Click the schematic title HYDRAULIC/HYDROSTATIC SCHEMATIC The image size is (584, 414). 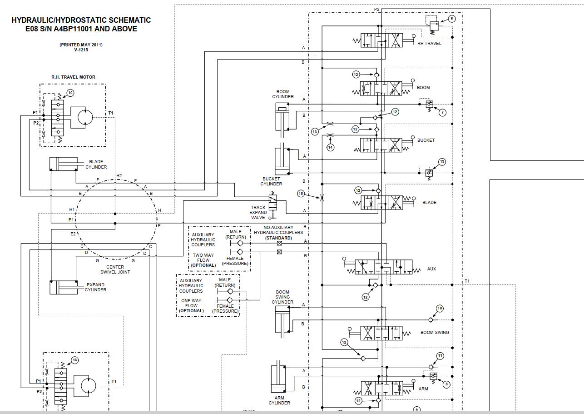coord(81,20)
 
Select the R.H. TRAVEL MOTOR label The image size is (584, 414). coord(73,77)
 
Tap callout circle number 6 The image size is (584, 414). coord(451,19)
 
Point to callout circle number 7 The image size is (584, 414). coord(442,112)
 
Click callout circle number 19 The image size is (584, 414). coord(442,162)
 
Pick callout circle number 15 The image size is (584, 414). coord(301,194)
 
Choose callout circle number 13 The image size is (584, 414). coord(315,132)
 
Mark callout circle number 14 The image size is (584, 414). coord(331,147)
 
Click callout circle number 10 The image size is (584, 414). coord(440,309)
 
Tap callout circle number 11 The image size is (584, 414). coord(440,356)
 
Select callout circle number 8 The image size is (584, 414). coord(446,384)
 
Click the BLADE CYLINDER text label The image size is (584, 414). coord(96,164)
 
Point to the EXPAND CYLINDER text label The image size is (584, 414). coord(95,287)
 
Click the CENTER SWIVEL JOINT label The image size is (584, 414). coord(115,269)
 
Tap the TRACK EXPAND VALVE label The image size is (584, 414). coord(258,212)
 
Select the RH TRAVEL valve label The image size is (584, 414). coord(429,44)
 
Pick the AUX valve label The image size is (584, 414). coord(431,269)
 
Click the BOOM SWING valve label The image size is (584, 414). coord(435,333)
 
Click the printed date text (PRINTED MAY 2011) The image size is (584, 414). coord(81,45)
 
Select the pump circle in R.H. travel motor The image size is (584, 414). coord(85,117)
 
